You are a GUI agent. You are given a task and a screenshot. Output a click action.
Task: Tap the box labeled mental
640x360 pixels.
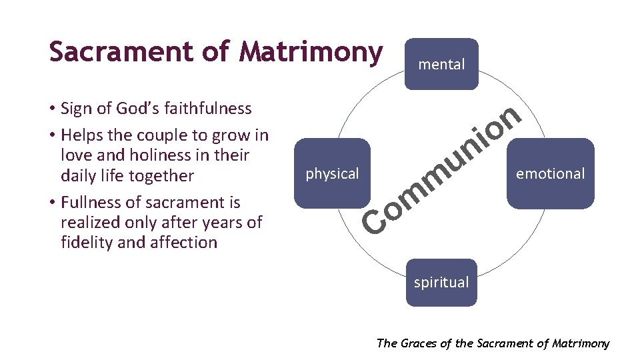441,64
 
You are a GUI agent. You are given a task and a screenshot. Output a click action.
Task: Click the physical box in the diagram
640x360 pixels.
332,173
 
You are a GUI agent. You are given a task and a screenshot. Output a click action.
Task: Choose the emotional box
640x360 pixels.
550,173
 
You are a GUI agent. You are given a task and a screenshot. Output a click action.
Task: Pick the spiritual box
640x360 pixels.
441,282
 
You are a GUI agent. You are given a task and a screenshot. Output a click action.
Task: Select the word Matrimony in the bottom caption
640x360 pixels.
581,343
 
